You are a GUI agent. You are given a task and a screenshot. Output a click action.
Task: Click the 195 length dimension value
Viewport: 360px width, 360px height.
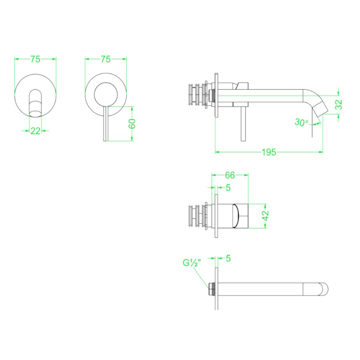point(269,152)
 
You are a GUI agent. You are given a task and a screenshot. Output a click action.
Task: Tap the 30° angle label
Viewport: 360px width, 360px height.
point(301,123)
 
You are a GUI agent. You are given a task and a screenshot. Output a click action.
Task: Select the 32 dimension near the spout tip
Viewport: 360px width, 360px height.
point(338,104)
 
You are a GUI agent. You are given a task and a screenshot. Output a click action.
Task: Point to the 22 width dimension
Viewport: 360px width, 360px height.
point(35,130)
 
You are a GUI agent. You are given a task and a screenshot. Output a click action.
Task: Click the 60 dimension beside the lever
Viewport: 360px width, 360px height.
point(132,124)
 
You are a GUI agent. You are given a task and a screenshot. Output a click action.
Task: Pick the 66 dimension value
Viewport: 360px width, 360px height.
point(230,175)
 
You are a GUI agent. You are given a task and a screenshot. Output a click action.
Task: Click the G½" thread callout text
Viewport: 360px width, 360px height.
point(192,263)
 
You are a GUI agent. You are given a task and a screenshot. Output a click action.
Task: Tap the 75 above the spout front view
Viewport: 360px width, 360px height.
point(35,59)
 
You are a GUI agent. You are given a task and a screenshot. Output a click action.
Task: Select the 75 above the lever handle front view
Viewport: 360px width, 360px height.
point(105,59)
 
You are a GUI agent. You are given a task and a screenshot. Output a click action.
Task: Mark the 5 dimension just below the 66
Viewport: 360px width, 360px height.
point(228,187)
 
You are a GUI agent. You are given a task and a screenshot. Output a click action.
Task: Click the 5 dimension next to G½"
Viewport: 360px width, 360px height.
point(228,259)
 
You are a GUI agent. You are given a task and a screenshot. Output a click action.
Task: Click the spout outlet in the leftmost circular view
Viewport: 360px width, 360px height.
point(35,109)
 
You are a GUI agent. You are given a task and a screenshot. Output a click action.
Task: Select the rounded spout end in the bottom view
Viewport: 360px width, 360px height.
point(324,289)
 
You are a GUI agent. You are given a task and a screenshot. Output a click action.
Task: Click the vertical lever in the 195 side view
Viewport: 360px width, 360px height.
point(243,124)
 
